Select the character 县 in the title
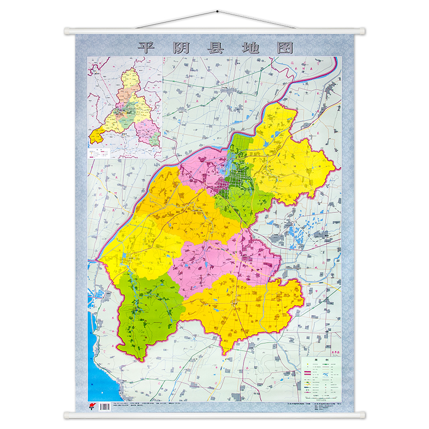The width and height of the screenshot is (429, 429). [216, 48]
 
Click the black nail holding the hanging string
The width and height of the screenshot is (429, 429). [216, 11]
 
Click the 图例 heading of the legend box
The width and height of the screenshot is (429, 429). [321, 360]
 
